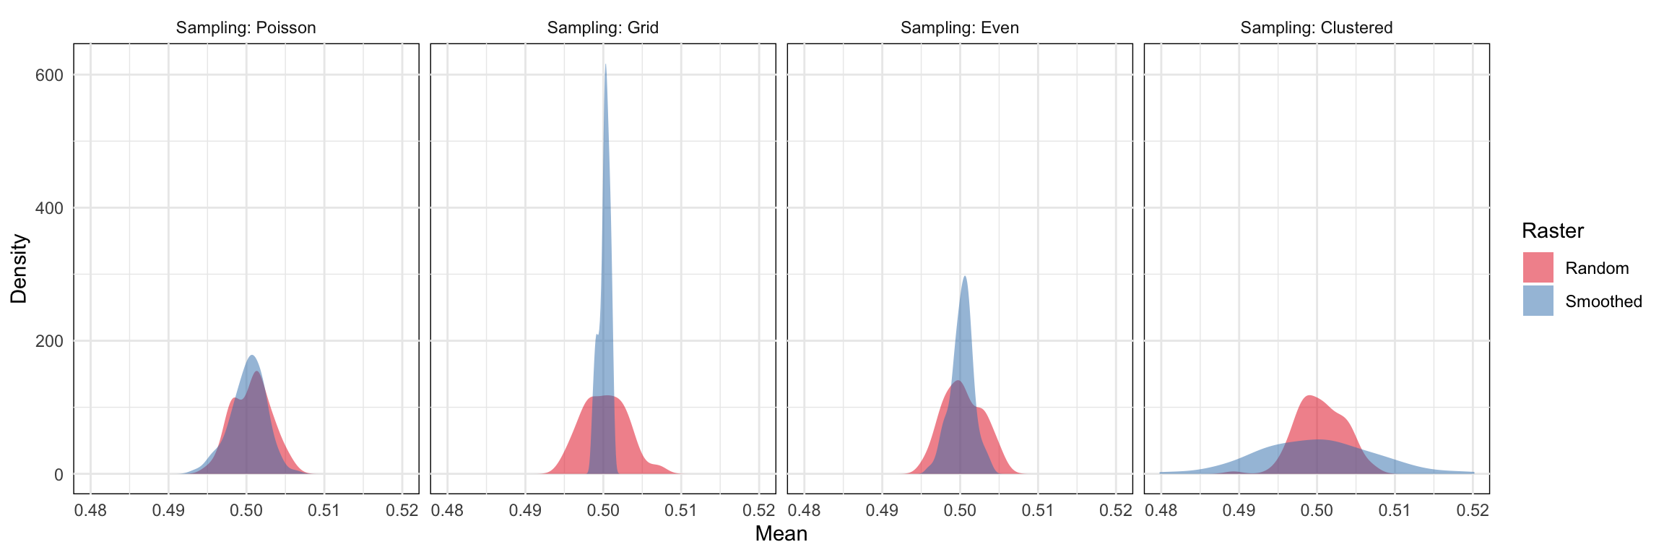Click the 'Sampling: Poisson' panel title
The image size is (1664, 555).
[x=246, y=28]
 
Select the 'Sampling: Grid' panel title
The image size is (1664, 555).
[x=602, y=28]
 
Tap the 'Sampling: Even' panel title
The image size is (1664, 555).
[x=959, y=28]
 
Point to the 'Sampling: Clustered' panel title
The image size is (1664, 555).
[x=1316, y=28]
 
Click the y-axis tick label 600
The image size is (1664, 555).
[x=49, y=75]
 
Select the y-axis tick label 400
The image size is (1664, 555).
[x=49, y=208]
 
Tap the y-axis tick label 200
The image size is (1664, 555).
[x=49, y=341]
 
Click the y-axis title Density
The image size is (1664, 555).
[x=19, y=268]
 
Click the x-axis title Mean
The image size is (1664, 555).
[x=781, y=534]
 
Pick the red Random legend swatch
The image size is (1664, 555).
[x=1538, y=267]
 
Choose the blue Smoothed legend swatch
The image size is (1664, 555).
[x=1538, y=301]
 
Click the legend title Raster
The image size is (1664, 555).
[x=1552, y=231]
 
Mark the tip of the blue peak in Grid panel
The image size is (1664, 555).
[x=605, y=65]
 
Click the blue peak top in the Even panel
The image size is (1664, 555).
[x=964, y=277]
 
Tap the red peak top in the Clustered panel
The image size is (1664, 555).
[x=1309, y=396]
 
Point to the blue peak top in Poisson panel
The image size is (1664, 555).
[x=252, y=356]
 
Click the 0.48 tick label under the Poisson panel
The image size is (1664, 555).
[x=90, y=511]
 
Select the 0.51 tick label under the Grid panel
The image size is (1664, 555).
[x=680, y=511]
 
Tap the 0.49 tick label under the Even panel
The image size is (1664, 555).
[x=882, y=511]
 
